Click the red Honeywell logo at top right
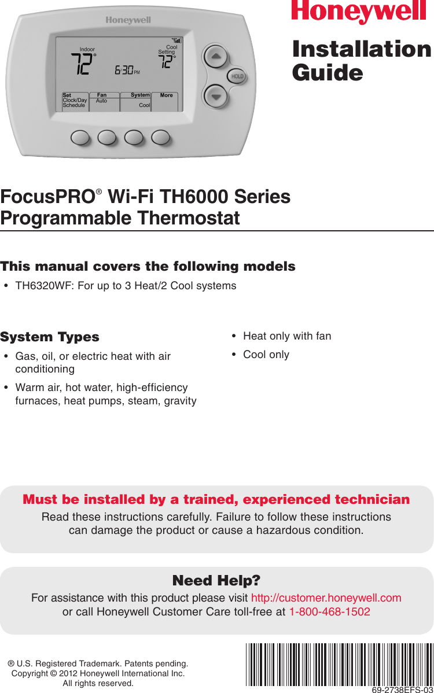[361, 12]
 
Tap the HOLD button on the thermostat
[237, 76]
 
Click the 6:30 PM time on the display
[127, 71]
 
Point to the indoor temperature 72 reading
[82, 64]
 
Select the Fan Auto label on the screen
[102, 98]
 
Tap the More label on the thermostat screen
[166, 95]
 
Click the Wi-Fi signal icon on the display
[176, 41]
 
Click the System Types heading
[50, 337]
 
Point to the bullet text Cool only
[266, 355]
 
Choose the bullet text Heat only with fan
[287, 336]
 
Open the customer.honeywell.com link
[326, 598]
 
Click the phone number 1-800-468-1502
[329, 612]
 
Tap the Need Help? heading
[216, 580]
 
